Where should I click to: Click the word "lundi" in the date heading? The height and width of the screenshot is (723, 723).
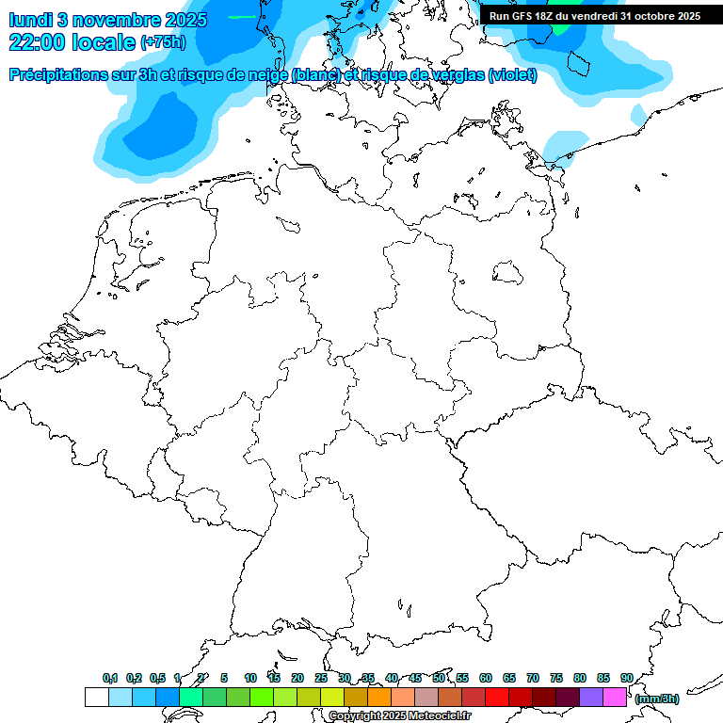pyautogui.click(x=30, y=20)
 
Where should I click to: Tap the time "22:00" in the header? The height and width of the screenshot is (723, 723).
pyautogui.click(x=39, y=42)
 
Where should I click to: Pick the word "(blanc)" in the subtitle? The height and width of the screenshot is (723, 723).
pyautogui.click(x=315, y=75)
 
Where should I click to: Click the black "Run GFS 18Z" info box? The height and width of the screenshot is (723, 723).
pyautogui.click(x=594, y=16)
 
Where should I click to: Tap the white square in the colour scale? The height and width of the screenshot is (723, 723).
pyautogui.click(x=96, y=697)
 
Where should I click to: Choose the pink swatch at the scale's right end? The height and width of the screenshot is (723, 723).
pyautogui.click(x=615, y=697)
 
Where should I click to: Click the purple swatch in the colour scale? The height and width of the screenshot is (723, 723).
pyautogui.click(x=591, y=697)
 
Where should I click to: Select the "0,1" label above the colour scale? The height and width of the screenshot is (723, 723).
pyautogui.click(x=110, y=679)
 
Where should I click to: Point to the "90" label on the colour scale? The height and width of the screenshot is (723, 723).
pyautogui.click(x=627, y=679)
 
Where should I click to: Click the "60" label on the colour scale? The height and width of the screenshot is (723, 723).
pyautogui.click(x=486, y=679)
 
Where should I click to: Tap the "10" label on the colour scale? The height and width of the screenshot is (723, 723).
pyautogui.click(x=250, y=679)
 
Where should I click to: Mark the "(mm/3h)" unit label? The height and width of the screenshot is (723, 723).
pyautogui.click(x=657, y=699)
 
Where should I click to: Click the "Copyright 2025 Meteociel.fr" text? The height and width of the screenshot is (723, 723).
pyautogui.click(x=399, y=716)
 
